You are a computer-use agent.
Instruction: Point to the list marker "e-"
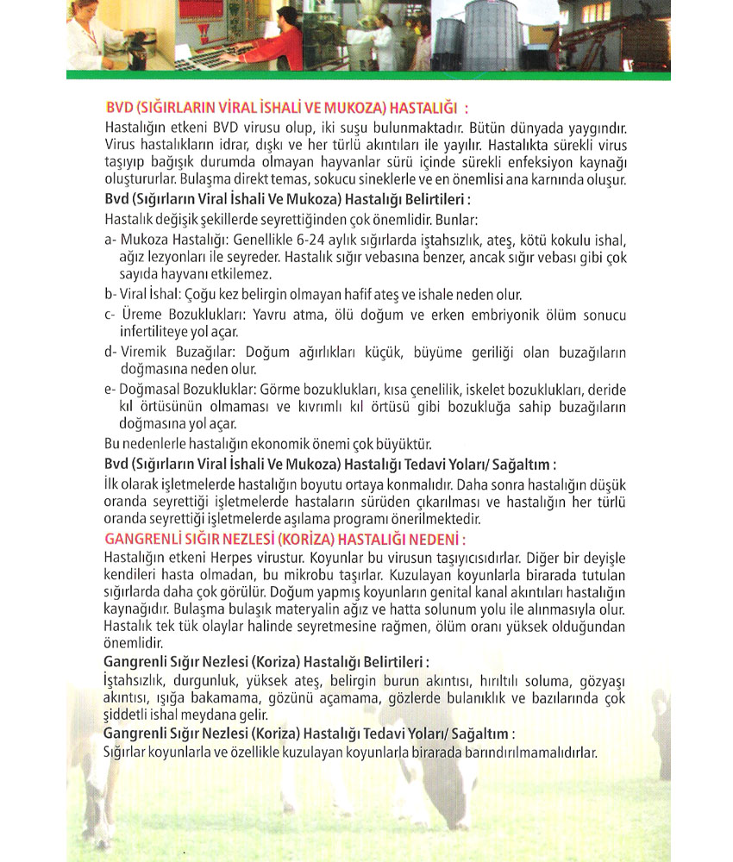pos(110,389)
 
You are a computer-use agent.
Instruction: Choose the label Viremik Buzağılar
pos(179,352)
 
